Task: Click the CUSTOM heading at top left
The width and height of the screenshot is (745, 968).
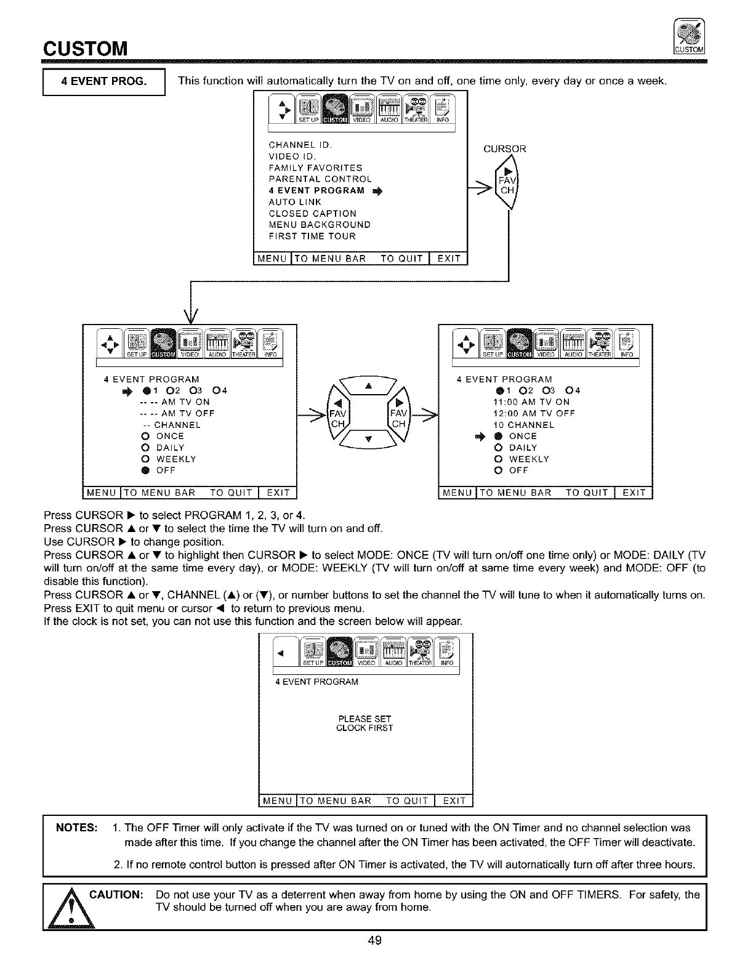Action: [84, 47]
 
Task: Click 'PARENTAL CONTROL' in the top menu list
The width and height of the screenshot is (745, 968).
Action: [320, 179]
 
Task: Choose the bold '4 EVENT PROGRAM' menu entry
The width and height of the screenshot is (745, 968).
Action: [317, 190]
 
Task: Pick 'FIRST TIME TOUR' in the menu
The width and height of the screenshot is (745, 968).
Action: [312, 236]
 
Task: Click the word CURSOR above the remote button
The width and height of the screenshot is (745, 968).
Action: [505, 149]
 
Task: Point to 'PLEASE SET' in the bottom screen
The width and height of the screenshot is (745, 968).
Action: [365, 719]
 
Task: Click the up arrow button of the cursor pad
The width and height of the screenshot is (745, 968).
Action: [368, 385]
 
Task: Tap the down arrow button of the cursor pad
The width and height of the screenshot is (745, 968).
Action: [368, 438]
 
